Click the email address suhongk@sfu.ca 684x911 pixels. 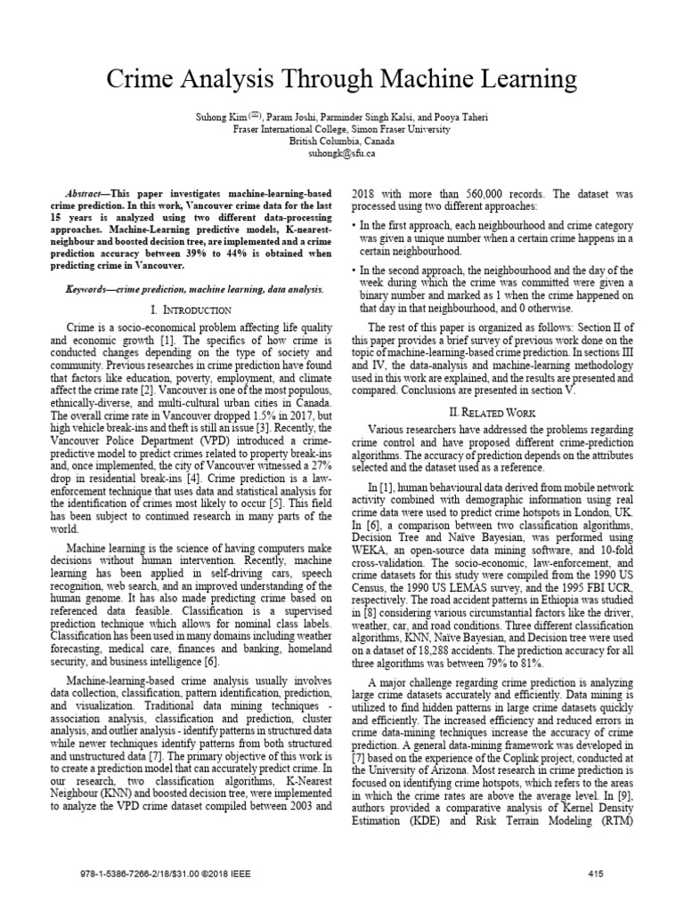coord(341,154)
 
